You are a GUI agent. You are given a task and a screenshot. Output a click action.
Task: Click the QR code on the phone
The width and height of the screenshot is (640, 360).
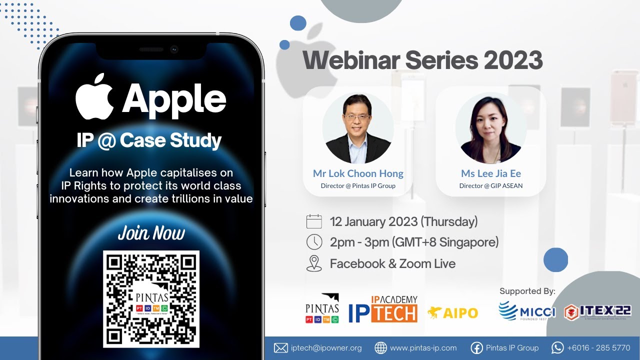(151, 298)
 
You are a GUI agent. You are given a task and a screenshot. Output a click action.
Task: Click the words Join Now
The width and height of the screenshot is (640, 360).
(151, 233)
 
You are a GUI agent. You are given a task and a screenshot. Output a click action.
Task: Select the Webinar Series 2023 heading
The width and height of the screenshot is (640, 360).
(422, 60)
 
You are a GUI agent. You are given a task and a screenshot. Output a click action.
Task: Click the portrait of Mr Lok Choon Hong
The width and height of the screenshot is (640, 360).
(357, 128)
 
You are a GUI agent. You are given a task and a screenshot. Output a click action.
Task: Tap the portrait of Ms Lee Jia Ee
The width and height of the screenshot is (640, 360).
(490, 128)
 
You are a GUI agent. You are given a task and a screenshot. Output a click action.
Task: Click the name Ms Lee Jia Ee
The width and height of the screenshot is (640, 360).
(490, 173)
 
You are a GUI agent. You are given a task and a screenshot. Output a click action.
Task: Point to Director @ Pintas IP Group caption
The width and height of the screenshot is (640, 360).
(357, 186)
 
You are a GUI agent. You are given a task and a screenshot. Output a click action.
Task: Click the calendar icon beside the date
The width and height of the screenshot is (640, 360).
(314, 221)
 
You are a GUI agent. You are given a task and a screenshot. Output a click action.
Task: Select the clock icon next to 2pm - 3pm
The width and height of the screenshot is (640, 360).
(314, 242)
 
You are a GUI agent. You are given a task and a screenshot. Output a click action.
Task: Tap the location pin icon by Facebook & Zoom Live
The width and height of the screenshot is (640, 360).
(314, 263)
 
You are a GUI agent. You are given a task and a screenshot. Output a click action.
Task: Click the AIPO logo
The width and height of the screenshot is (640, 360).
(452, 313)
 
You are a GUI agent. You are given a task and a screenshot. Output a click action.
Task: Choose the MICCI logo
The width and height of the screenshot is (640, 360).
(526, 311)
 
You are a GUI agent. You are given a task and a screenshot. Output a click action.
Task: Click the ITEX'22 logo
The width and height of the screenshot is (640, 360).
(597, 311)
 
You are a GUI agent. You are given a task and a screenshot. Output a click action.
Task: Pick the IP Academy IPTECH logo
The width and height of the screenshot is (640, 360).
(383, 308)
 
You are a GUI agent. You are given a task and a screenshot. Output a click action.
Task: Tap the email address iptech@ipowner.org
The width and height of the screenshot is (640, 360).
(326, 348)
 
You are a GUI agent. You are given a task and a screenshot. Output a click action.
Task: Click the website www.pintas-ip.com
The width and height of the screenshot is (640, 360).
(423, 348)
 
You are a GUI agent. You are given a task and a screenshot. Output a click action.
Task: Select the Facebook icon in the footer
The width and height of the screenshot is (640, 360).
(477, 348)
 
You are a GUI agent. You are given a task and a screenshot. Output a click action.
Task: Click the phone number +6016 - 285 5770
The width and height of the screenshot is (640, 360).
(598, 348)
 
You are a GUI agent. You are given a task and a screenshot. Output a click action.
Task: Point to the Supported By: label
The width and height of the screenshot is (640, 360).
(527, 291)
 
